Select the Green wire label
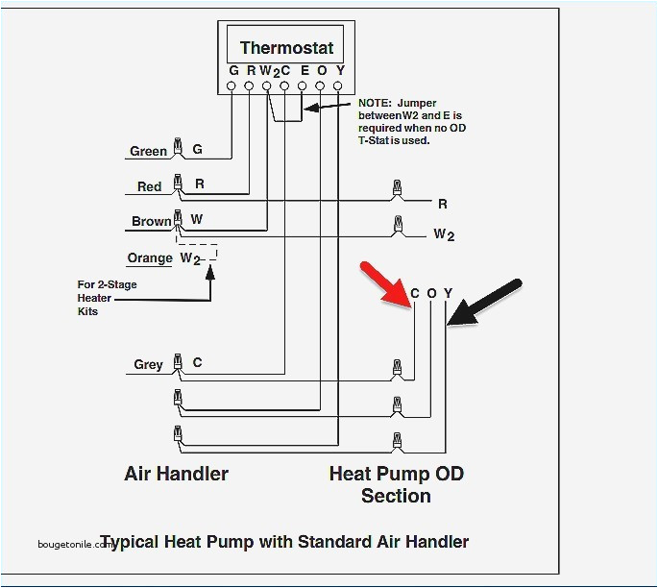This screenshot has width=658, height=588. pyautogui.click(x=149, y=151)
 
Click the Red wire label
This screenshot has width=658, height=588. pyautogui.click(x=149, y=186)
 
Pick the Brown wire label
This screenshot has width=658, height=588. pyautogui.click(x=151, y=221)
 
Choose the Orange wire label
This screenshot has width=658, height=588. pyautogui.click(x=150, y=257)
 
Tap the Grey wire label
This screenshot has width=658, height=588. pyautogui.click(x=148, y=364)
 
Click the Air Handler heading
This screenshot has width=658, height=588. pyautogui.click(x=177, y=474)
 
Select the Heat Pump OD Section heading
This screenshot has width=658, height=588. pyautogui.click(x=395, y=484)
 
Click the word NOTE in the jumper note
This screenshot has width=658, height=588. pyautogui.click(x=374, y=103)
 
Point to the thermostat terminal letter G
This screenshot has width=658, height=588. pyautogui.click(x=233, y=70)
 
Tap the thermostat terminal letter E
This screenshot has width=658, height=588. pyautogui.click(x=303, y=70)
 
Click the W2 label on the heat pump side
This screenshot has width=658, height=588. pyautogui.click(x=444, y=233)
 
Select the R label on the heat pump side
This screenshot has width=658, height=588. pyautogui.click(x=443, y=204)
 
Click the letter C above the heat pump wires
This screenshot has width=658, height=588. pyautogui.click(x=415, y=293)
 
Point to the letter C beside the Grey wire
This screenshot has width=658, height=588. pyautogui.click(x=197, y=362)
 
